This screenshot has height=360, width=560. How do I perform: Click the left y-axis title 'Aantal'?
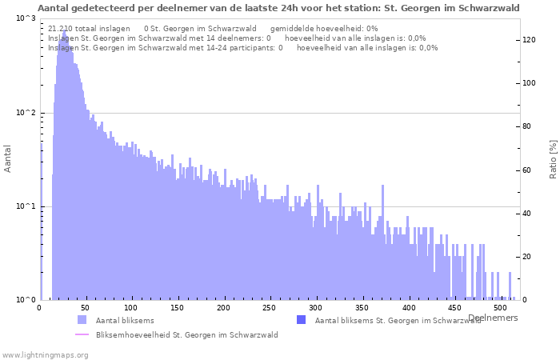tap(8, 158)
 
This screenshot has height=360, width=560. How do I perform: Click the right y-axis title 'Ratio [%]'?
tap(553, 158)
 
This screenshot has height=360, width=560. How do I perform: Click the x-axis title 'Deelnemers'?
tap(493, 318)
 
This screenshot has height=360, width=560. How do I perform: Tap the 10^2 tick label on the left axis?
tap(26, 113)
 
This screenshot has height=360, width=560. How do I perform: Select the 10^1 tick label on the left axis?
tap(26, 206)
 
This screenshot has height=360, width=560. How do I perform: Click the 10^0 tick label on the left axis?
tap(26, 300)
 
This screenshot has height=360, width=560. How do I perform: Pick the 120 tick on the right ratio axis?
tap(529, 40)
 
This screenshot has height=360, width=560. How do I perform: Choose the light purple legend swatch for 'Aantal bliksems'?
tap(82, 320)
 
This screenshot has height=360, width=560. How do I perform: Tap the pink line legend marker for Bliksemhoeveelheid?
tap(82, 334)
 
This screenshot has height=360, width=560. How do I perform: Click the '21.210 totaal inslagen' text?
tap(89, 28)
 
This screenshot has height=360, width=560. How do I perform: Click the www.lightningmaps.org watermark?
tap(45, 354)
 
